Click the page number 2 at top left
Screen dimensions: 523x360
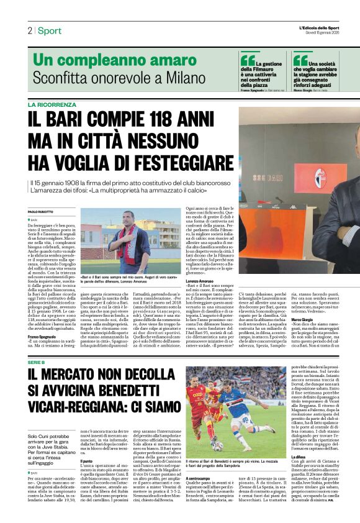[29, 30]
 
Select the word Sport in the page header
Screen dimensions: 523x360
[49, 30]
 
